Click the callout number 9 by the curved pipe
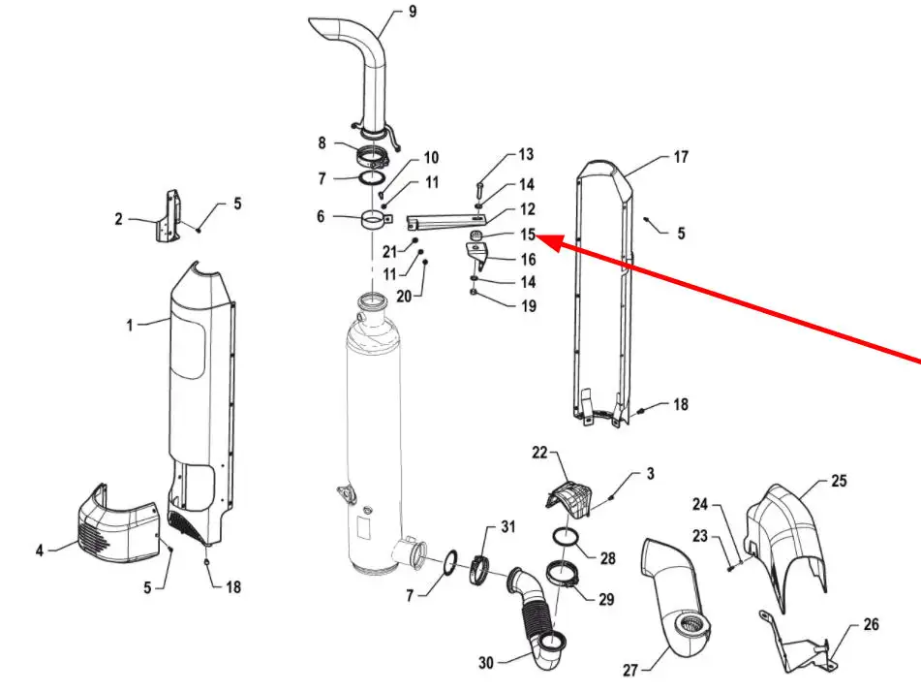click(x=413, y=12)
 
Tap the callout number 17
click(x=681, y=157)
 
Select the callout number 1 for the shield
click(x=130, y=325)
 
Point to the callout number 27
click(x=630, y=670)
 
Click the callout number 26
click(x=871, y=624)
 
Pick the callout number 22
click(x=539, y=452)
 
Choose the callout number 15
click(x=528, y=234)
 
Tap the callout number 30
click(x=486, y=663)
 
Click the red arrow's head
click(x=549, y=242)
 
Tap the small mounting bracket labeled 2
click(x=168, y=216)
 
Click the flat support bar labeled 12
click(x=446, y=221)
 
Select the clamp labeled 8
click(x=372, y=156)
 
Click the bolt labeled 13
click(x=478, y=192)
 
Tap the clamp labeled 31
click(x=481, y=570)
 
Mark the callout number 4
click(x=40, y=550)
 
